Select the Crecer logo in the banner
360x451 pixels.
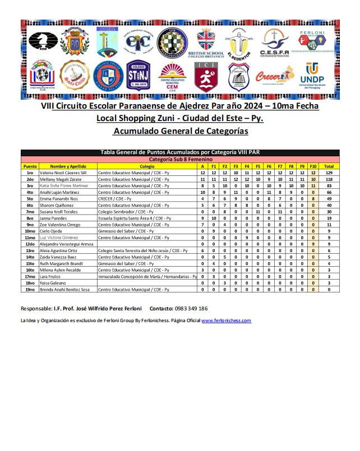(274, 77)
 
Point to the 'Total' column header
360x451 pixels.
(329, 166)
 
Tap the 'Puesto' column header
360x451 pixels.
(30, 166)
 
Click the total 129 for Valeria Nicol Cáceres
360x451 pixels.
(329, 173)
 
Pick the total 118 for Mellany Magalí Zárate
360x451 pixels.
(329, 179)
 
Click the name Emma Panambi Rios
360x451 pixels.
(59, 198)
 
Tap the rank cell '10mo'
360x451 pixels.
(30, 230)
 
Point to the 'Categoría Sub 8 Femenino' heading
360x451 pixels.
(180, 160)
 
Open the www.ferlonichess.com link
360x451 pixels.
(226, 320)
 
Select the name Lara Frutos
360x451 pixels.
(52, 277)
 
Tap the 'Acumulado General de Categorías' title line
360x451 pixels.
(180, 131)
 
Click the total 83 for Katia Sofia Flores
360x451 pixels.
(329, 185)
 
